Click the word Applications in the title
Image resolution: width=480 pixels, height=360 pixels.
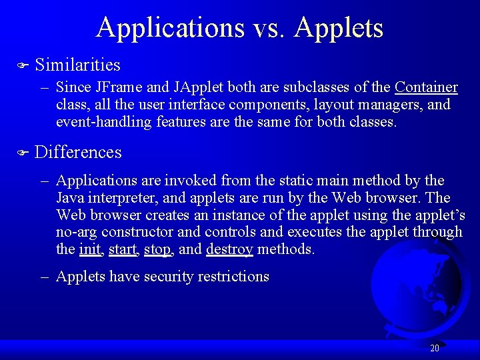pyautogui.click(x=170, y=28)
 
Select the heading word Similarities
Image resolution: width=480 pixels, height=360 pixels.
pyautogui.click(x=77, y=65)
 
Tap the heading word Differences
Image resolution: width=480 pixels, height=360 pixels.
pyautogui.click(x=78, y=153)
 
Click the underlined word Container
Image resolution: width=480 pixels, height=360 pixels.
pyautogui.click(x=426, y=87)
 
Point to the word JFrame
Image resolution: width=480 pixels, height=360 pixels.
pyautogui.click(x=117, y=87)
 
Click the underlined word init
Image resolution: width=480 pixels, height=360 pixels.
pyautogui.click(x=89, y=250)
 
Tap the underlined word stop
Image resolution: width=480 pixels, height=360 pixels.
pyautogui.click(x=157, y=250)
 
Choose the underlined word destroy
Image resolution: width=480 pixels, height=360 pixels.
pyautogui.click(x=229, y=250)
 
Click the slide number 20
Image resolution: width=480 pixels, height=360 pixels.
pyautogui.click(x=435, y=348)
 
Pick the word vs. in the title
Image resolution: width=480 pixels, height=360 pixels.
pyautogui.click(x=269, y=28)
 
